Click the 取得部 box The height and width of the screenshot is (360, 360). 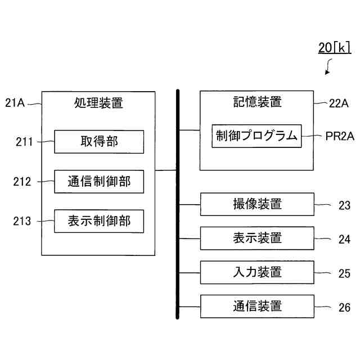click(x=98, y=142)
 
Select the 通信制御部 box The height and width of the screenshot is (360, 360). click(x=98, y=181)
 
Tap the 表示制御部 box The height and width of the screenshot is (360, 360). click(x=98, y=221)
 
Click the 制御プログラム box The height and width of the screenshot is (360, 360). click(x=256, y=136)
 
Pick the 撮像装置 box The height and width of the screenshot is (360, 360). click(x=257, y=204)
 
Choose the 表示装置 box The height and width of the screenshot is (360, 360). click(x=257, y=238)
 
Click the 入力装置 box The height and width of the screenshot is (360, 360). click(x=257, y=272)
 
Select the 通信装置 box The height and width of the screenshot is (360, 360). click(x=257, y=307)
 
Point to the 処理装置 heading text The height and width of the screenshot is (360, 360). click(x=98, y=103)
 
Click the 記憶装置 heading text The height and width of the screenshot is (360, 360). click(x=257, y=102)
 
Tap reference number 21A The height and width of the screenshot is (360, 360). click(x=15, y=102)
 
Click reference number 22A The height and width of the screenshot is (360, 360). click(x=339, y=102)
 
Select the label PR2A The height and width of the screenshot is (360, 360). click(x=339, y=136)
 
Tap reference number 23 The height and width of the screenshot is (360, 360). click(x=344, y=205)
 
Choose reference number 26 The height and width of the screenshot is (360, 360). click(x=344, y=307)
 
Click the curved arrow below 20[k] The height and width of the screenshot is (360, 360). click(x=328, y=69)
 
